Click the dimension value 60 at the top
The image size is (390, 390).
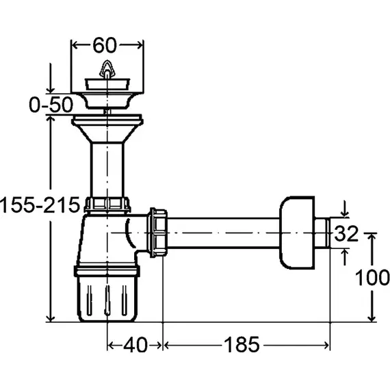coord(105,45)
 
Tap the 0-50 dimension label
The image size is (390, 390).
coord(51,105)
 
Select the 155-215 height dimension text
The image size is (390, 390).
coord(40,205)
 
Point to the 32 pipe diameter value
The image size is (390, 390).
coord(346,233)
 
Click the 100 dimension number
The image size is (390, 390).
coord(372,277)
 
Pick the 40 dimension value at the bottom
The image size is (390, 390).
coord(135,345)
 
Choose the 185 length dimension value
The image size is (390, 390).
coord(242,345)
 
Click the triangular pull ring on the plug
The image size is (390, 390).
coord(107,68)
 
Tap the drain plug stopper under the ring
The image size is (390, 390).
coord(107,84)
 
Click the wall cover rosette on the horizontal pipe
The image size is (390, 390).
coord(297,233)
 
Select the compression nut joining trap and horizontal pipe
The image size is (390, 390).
coord(157,233)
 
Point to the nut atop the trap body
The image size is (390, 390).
coord(107,205)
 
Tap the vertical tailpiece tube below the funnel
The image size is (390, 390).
coord(107,170)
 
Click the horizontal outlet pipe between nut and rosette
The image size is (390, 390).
coord(223,233)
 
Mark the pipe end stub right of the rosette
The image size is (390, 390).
coord(322,233)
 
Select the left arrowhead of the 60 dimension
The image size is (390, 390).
coord(75,45)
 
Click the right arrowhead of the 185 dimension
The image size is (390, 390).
coord(326,346)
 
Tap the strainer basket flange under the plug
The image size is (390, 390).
coord(107,100)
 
